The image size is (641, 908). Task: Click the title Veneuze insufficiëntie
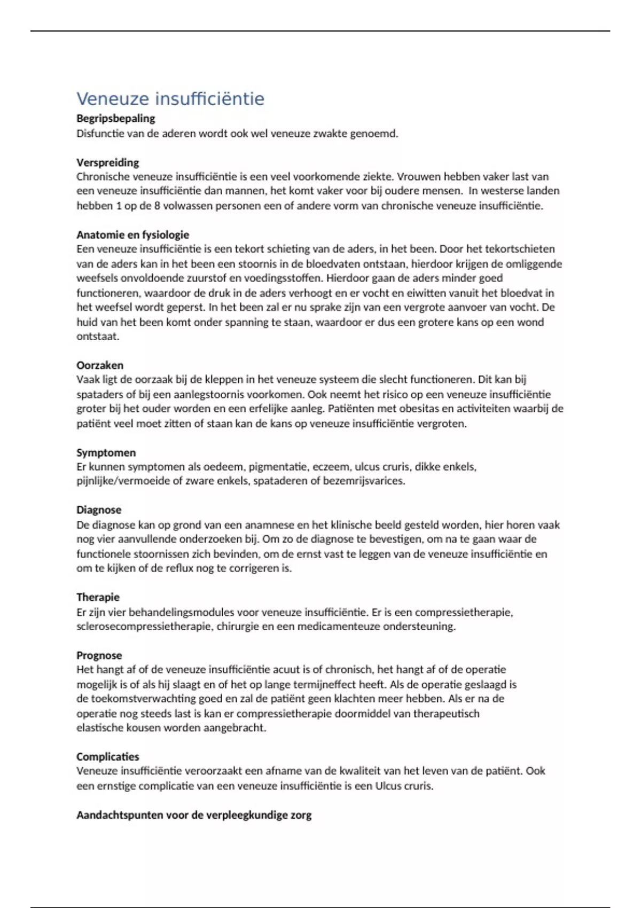click(170, 99)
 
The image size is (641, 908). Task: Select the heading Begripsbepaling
click(115, 118)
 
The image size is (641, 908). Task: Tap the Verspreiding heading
click(107, 162)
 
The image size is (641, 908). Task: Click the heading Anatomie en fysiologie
click(132, 234)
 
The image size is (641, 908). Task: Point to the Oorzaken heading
click(99, 365)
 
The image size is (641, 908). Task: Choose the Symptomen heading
click(106, 452)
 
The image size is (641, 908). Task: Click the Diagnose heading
click(98, 510)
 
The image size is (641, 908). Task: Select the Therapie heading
click(98, 597)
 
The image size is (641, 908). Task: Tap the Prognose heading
click(99, 655)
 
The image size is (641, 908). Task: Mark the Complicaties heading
click(107, 757)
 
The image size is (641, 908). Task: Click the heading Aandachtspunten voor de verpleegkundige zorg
click(194, 815)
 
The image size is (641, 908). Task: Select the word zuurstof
click(206, 278)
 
